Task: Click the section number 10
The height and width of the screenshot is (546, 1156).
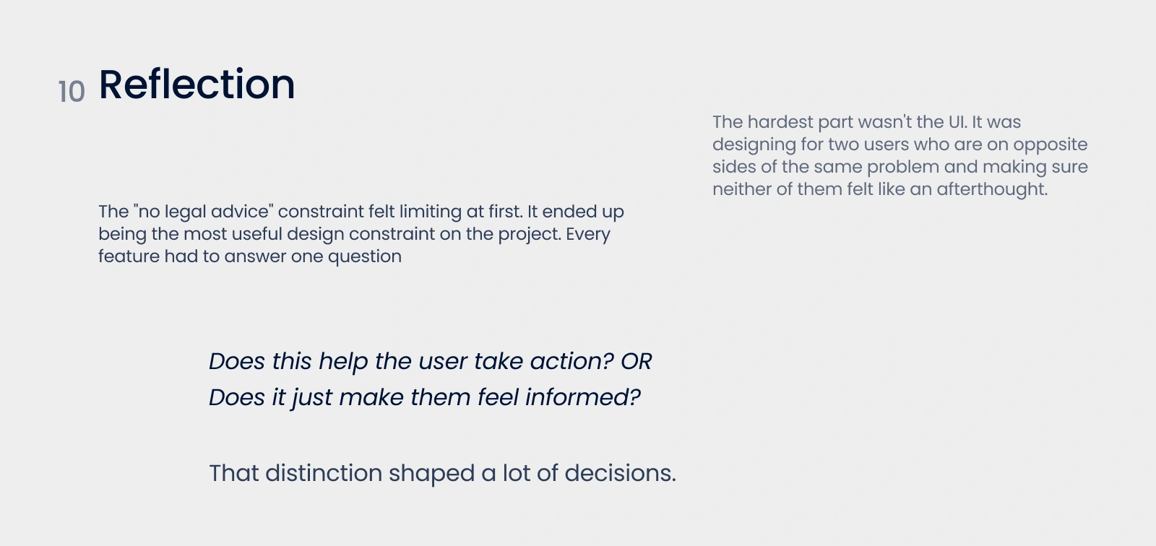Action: pos(72,92)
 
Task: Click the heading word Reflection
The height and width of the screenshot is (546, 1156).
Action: pos(197,84)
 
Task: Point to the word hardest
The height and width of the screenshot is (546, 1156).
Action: pos(780,122)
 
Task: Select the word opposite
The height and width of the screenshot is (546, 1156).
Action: pos(1051,145)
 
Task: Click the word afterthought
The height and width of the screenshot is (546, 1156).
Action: pos(992,189)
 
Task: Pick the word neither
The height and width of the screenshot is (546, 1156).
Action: pos(741,189)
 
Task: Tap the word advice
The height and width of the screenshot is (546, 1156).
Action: pos(241,212)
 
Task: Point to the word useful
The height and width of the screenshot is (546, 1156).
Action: pos(256,234)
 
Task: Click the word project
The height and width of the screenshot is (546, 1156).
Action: pos(529,235)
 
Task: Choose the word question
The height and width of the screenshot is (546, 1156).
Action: pos(364,257)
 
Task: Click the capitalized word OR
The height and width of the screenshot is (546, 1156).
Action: pos(637,361)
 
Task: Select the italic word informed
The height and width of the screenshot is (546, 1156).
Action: pos(582,397)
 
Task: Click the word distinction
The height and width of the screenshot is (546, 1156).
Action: pos(324,473)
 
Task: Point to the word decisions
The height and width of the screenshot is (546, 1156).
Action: pos(620,473)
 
